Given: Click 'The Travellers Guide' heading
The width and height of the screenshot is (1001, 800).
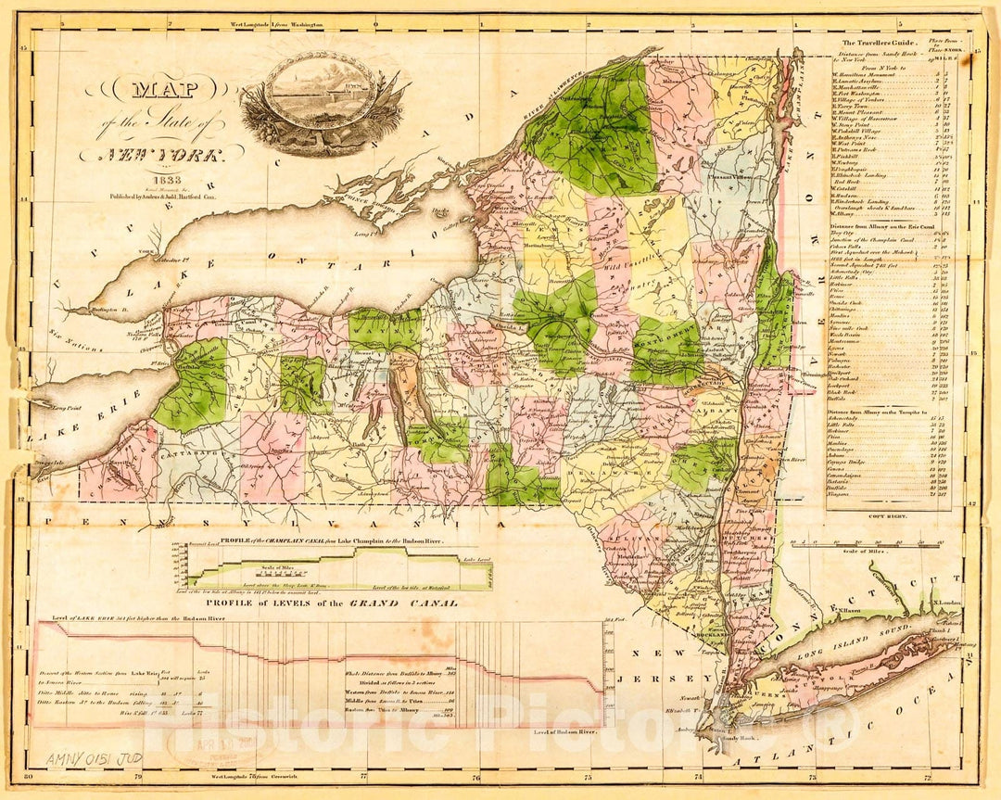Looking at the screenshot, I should (878, 43).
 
